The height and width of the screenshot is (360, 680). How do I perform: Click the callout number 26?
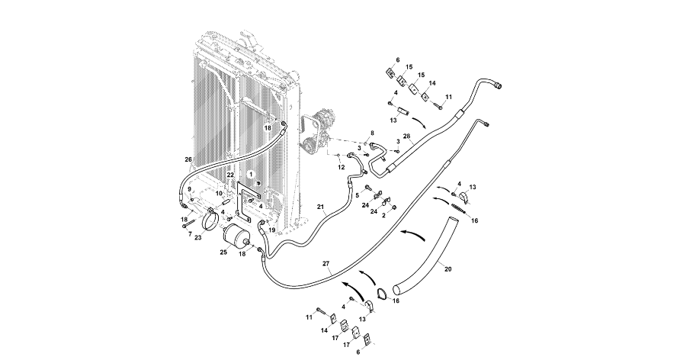click(188, 159)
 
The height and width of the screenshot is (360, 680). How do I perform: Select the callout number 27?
click(326, 263)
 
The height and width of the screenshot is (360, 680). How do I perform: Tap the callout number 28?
click(407, 137)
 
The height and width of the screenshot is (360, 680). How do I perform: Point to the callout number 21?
click(321, 207)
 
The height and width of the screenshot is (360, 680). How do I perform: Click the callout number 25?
click(223, 252)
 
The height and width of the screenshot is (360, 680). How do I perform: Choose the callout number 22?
click(230, 175)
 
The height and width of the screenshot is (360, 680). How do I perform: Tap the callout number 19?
click(272, 229)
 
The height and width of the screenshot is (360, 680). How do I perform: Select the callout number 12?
click(342, 166)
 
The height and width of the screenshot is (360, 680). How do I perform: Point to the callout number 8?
click(372, 133)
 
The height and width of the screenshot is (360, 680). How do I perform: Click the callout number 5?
click(357, 195)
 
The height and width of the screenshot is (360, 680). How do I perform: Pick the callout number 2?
click(383, 216)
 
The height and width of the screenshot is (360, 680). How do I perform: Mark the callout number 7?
click(190, 233)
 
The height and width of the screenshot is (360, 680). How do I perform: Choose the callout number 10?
click(219, 193)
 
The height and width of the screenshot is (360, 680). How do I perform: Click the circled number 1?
click(250, 175)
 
